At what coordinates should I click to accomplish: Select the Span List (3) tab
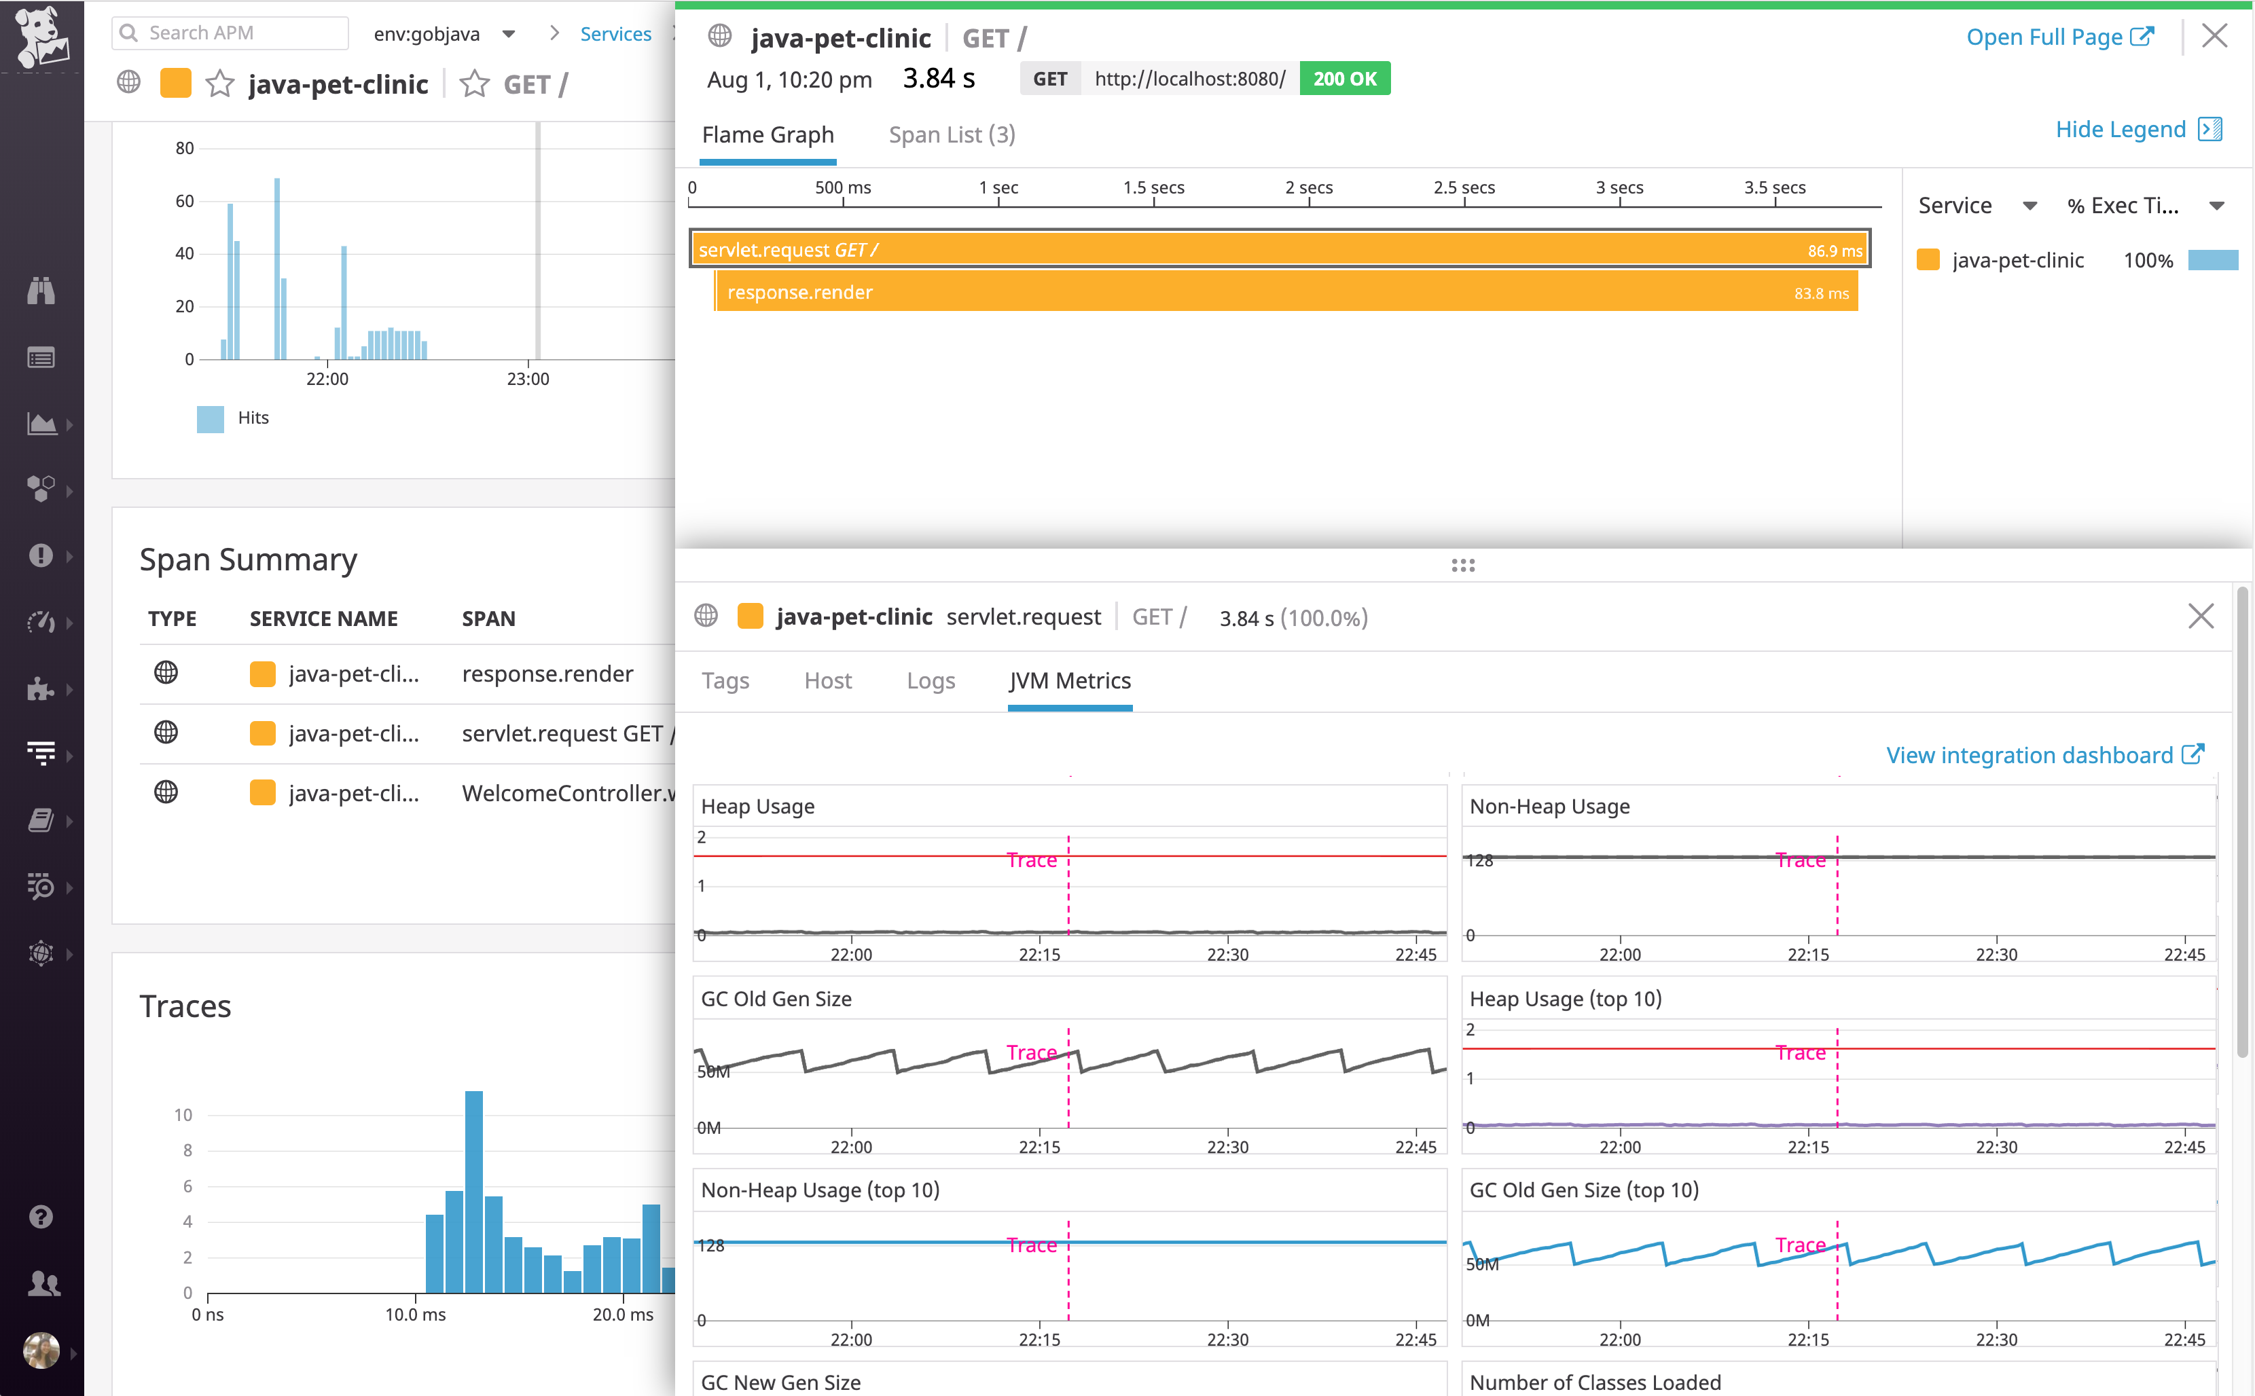(951, 135)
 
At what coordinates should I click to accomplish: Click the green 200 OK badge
(1343, 79)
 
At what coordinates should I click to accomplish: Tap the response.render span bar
(1284, 293)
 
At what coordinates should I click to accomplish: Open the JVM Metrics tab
(1069, 680)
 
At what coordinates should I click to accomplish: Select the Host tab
(827, 680)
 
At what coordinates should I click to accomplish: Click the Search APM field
(231, 33)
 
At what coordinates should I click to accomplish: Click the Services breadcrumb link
(615, 34)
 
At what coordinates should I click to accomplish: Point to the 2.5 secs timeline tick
(1464, 188)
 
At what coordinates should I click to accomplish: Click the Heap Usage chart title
(757, 806)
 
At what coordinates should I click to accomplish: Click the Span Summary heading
(247, 559)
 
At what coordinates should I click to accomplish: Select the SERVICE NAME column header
(323, 619)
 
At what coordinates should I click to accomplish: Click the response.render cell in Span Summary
(547, 674)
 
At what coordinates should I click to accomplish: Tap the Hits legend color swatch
(210, 418)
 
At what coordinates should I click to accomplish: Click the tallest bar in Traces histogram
(473, 1191)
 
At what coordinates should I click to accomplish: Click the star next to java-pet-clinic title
(220, 84)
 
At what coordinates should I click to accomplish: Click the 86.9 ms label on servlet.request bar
(1834, 251)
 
